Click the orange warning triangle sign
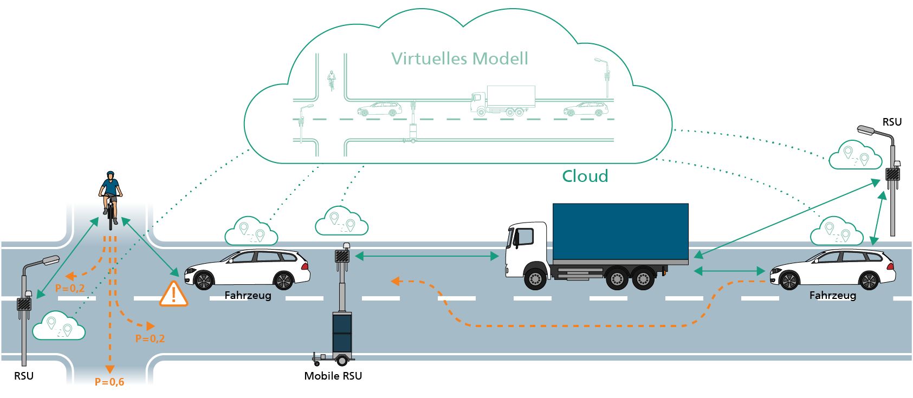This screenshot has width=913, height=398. [x=173, y=294]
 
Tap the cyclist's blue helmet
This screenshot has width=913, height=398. [x=111, y=174]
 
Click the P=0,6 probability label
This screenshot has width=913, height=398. [x=109, y=382]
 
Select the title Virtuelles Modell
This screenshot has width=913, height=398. [x=459, y=58]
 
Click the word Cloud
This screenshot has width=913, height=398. [x=585, y=176]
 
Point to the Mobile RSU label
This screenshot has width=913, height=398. [x=333, y=376]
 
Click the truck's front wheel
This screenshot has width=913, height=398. [x=535, y=278]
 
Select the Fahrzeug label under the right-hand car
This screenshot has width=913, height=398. [x=833, y=295]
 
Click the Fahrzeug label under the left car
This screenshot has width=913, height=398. [x=248, y=295]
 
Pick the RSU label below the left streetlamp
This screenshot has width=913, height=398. [x=24, y=376]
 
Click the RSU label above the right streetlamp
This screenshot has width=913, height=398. [x=892, y=122]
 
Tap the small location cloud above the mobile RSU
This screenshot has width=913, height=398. [x=341, y=221]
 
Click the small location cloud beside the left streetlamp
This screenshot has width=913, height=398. [x=59, y=326]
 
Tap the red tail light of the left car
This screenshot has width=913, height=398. [x=306, y=266]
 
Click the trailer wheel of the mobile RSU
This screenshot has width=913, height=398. [x=342, y=360]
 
